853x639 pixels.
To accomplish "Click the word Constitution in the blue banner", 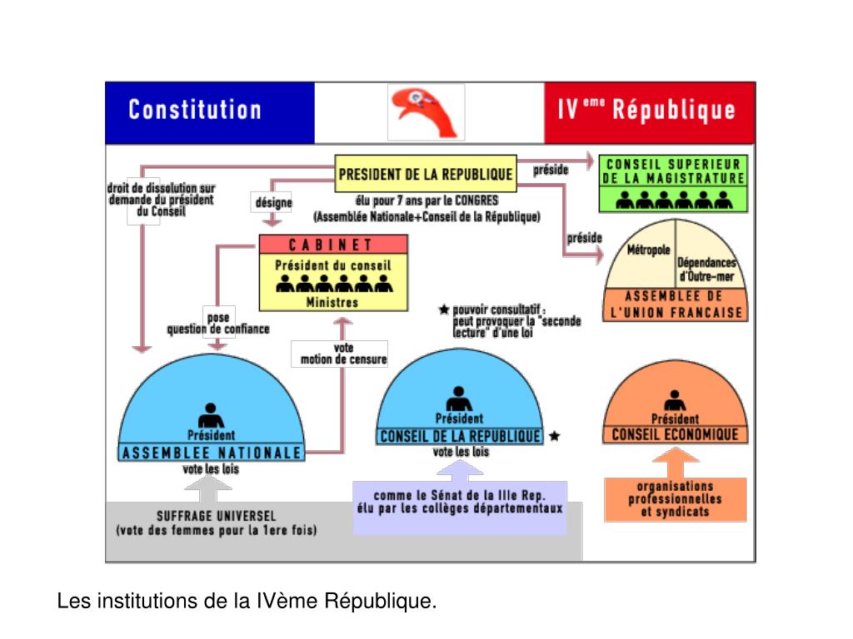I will click(x=194, y=110).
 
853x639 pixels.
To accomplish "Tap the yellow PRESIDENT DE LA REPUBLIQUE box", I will click(x=425, y=175).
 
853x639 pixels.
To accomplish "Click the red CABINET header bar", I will click(x=333, y=245).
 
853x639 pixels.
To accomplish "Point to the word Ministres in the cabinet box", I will click(x=332, y=302).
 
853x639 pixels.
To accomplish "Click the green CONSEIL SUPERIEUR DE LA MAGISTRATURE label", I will click(x=673, y=171).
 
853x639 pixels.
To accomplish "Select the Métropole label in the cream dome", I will click(x=648, y=250).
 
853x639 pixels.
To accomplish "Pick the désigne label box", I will click(x=272, y=203).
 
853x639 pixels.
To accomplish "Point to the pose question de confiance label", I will click(x=217, y=323).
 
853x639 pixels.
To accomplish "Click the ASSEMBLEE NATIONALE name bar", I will click(x=211, y=453).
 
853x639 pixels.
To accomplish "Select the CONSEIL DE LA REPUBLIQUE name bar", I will click(x=460, y=436).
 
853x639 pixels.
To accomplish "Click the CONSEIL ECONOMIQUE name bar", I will click(x=675, y=434).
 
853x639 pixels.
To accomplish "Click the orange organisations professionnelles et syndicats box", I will click(x=675, y=499).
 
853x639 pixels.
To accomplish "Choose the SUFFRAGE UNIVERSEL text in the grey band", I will click(x=216, y=515).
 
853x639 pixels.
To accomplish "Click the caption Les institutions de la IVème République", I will click(x=247, y=600).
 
